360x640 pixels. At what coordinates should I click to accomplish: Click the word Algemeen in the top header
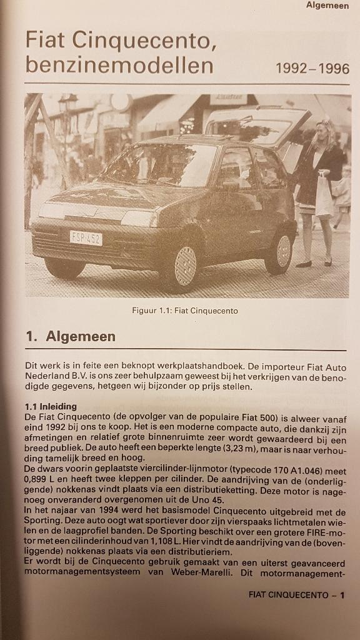pos(327,6)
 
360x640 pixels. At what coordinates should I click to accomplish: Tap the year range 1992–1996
pos(312,69)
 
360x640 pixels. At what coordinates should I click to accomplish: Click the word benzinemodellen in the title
pos(119,66)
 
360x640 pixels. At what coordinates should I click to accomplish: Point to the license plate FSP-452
pos(86,237)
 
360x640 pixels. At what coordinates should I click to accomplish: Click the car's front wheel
pos(184,266)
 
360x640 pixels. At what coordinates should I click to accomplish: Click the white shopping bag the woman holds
pos(324,198)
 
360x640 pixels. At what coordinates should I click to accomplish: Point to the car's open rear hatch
pos(257,125)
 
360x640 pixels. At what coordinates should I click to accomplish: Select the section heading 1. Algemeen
pos(71,337)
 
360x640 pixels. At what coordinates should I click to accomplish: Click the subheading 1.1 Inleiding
pos(51,406)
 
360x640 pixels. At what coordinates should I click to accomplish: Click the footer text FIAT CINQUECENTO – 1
pos(296,595)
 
